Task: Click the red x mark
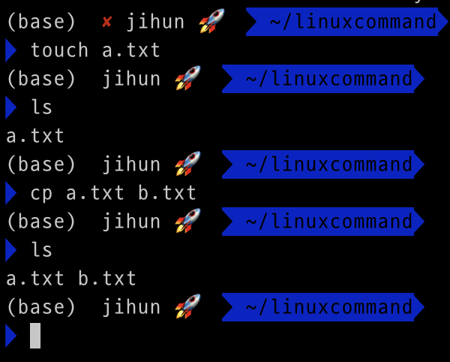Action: tap(106, 23)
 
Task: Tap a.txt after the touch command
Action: tap(131, 51)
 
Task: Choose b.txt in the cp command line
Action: tap(167, 193)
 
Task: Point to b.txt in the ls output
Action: tap(107, 279)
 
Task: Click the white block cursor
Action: tap(35, 335)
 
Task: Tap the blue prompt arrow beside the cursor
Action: tap(10, 335)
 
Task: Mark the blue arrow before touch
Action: tap(10, 51)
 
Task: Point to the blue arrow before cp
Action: tap(10, 193)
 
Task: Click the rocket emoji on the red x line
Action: tap(212, 21)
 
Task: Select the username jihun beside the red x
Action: tap(155, 23)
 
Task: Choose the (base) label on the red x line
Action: tap(41, 23)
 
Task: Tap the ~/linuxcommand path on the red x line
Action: tap(352, 23)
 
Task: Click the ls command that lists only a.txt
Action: tap(41, 108)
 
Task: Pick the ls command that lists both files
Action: tap(41, 250)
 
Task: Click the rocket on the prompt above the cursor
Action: tap(187, 306)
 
